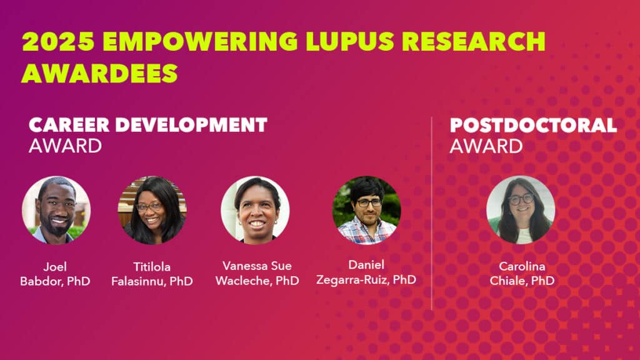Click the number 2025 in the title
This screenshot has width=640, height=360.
(56, 41)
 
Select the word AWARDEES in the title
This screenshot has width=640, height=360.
(100, 72)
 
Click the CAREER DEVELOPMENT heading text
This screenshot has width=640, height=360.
(148, 124)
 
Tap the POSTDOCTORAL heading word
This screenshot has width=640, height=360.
(533, 124)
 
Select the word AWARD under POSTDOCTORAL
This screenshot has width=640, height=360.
(486, 146)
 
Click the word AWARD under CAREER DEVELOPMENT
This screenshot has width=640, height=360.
(65, 146)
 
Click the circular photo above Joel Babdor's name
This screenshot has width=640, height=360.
(56, 210)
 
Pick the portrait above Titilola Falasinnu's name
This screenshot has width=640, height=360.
(152, 210)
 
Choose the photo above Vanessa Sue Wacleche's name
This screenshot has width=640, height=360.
(255, 210)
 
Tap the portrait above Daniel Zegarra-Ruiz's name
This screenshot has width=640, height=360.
(366, 210)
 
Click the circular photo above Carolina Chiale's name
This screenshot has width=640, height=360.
(521, 210)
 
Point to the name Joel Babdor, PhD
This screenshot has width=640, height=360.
(54, 274)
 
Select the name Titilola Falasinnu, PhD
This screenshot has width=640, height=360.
(152, 274)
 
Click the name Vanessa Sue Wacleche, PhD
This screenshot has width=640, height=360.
(257, 274)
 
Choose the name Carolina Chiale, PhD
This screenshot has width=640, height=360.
(521, 273)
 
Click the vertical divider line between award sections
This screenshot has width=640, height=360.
(432, 212)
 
